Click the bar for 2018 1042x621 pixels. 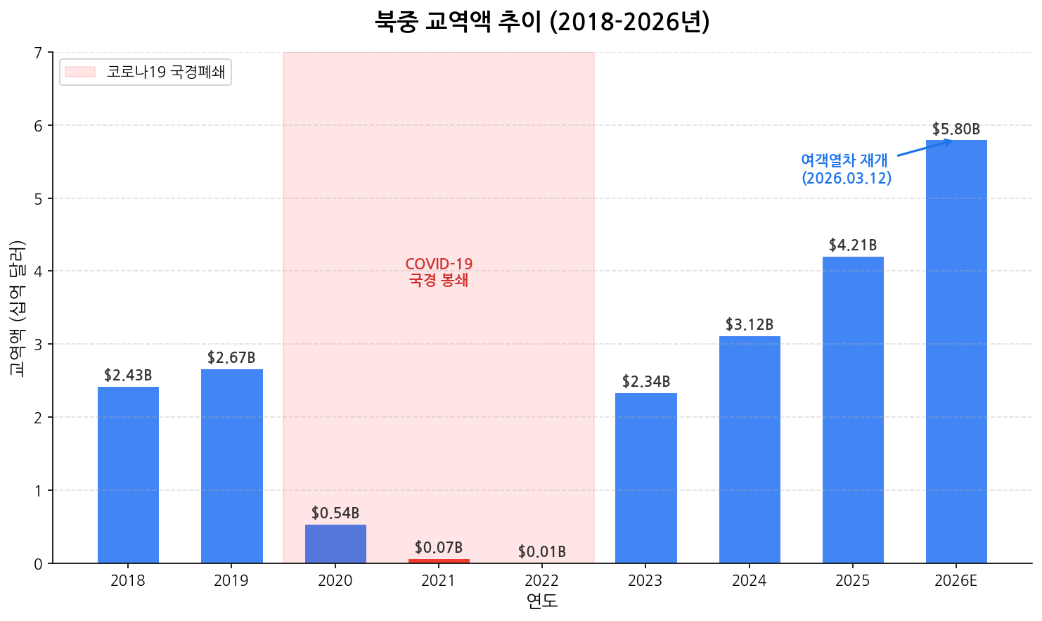(x=128, y=475)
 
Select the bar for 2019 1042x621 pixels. (x=231, y=466)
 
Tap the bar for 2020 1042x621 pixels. (x=335, y=544)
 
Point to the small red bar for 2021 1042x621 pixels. (x=439, y=561)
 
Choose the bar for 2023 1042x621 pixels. (x=645, y=478)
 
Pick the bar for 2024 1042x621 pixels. (x=750, y=449)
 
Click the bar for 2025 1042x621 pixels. (x=853, y=410)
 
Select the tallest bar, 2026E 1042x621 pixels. (x=956, y=352)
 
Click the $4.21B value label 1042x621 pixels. (x=853, y=245)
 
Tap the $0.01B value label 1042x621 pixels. (x=542, y=552)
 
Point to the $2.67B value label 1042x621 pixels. (x=231, y=358)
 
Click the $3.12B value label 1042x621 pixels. (x=750, y=325)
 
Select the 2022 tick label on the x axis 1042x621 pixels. (x=542, y=581)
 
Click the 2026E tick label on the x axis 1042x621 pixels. (x=956, y=581)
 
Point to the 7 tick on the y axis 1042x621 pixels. (x=38, y=53)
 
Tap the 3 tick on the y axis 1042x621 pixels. (x=38, y=345)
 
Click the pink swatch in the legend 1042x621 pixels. (x=79, y=72)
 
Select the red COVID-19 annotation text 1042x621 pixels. (x=439, y=264)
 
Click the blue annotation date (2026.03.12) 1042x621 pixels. (x=847, y=179)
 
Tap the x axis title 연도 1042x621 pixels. (x=542, y=601)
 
